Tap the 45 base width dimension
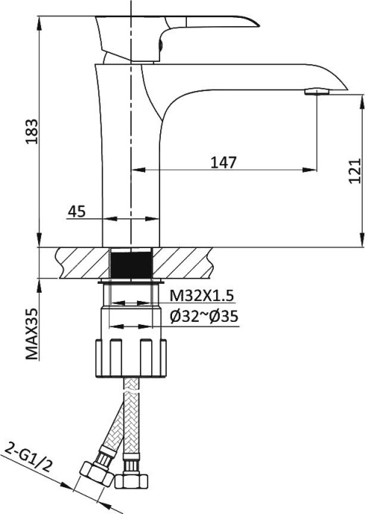tap(76, 212)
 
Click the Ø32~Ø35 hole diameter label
tap(203, 317)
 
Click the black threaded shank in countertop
tap(131, 264)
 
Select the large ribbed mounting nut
tap(131, 357)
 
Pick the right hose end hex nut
tap(132, 477)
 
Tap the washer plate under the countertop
tap(131, 283)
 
